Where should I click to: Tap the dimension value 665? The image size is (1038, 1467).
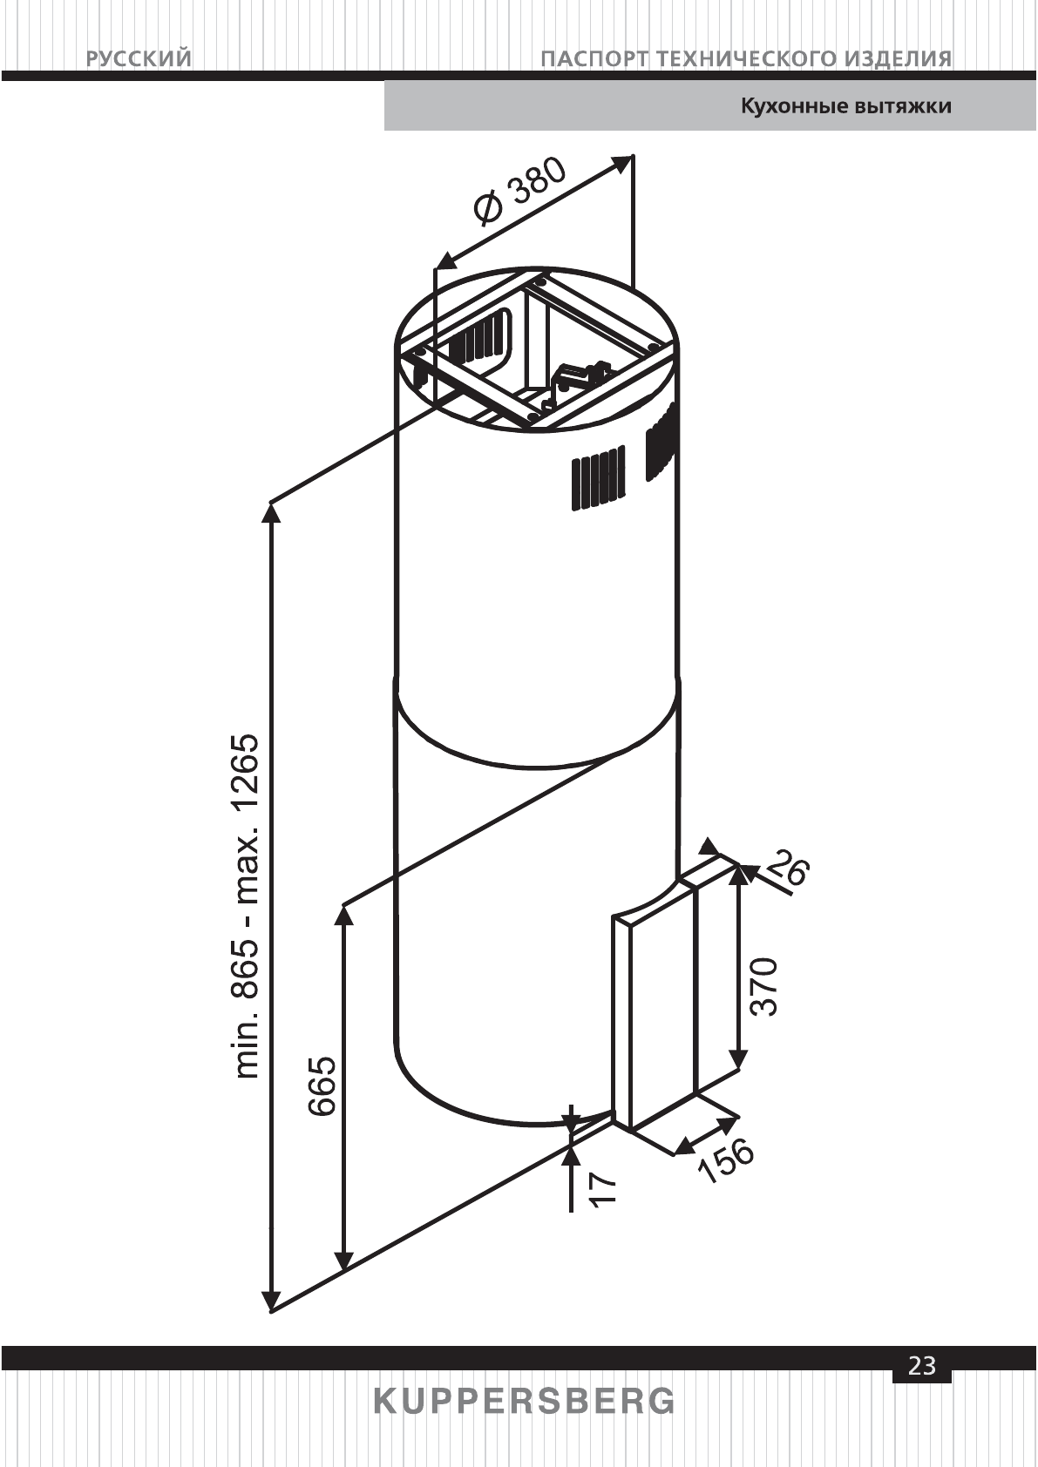322,1085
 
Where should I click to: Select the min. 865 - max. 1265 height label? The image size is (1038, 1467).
248,905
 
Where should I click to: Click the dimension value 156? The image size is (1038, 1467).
725,1161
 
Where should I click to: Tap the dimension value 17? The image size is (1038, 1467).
602,1189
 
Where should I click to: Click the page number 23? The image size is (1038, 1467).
921,1365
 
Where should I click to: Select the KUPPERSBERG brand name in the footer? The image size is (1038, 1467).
524,1402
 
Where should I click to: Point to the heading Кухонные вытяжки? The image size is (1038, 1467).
845,106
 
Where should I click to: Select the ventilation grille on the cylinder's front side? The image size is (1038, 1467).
598,478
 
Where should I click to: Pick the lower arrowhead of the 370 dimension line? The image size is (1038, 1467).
738,1061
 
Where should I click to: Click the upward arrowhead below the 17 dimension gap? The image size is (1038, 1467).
571,1153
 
